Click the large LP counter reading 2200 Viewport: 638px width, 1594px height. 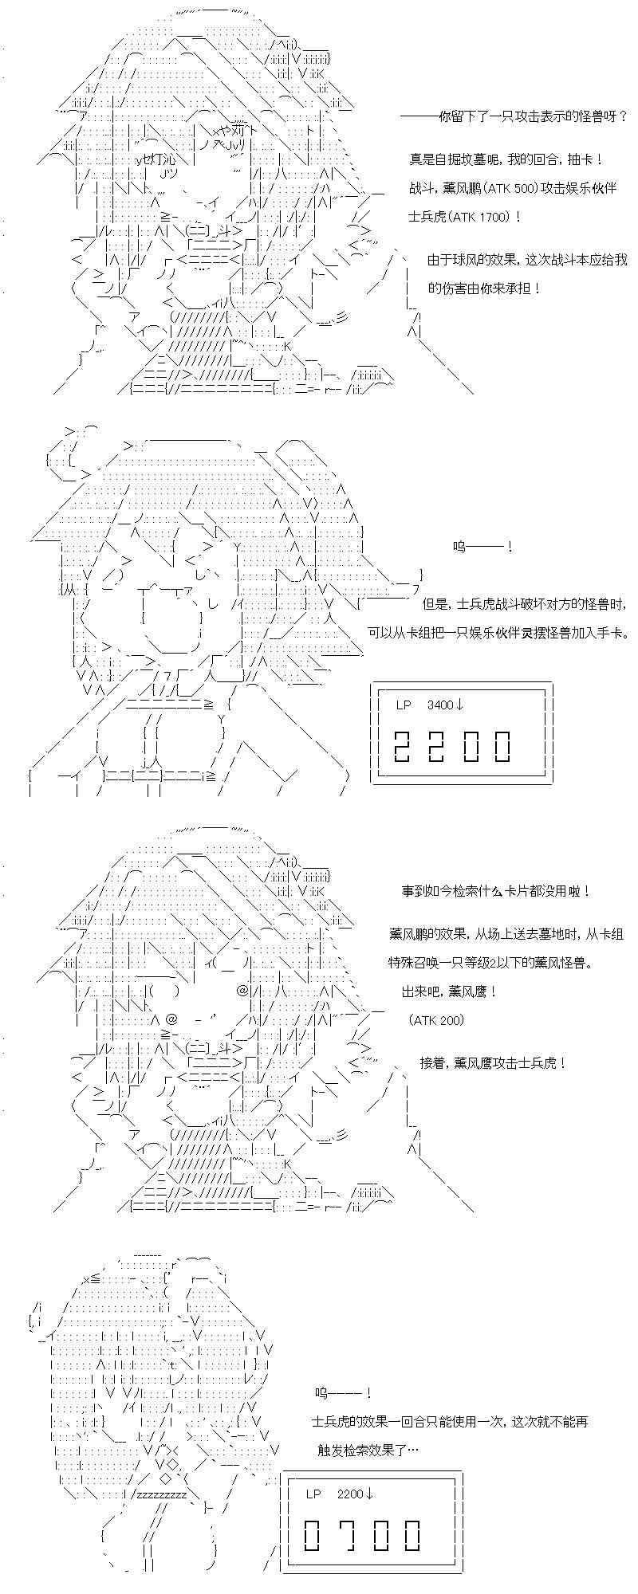coord(452,746)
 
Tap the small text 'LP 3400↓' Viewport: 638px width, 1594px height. coord(430,705)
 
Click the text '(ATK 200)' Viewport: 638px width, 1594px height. coord(435,1020)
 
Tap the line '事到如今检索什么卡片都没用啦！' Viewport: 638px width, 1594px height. coord(496,891)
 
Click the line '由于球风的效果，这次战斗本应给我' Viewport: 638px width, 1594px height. coord(527,260)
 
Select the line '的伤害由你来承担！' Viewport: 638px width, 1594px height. coord(484,288)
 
